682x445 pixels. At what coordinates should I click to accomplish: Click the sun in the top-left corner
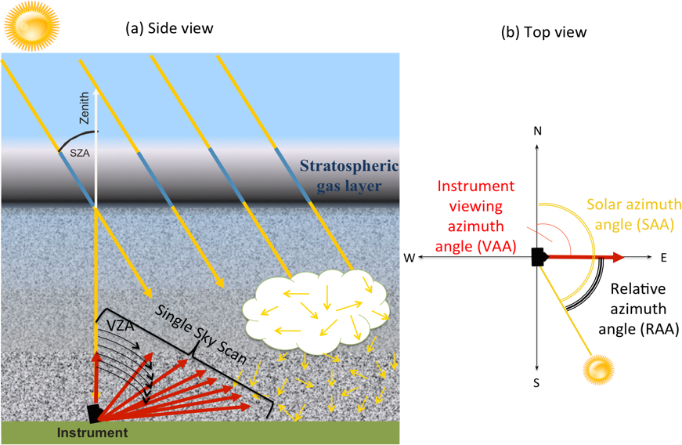click(30, 26)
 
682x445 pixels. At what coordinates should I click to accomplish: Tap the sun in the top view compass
click(600, 368)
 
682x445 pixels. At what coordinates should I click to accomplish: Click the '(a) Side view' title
click(169, 28)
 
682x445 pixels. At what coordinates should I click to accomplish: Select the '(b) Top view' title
click(543, 32)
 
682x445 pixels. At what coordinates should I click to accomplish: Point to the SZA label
click(79, 154)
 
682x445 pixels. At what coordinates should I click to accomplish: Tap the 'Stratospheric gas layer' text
click(349, 176)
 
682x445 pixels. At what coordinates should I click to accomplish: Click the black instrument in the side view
click(95, 412)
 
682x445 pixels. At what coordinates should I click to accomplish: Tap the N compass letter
click(537, 131)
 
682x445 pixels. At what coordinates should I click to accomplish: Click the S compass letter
click(537, 383)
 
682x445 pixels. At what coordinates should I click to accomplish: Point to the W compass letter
click(409, 258)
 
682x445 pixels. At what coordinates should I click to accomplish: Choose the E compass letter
click(662, 258)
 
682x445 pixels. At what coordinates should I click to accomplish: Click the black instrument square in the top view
click(537, 257)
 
